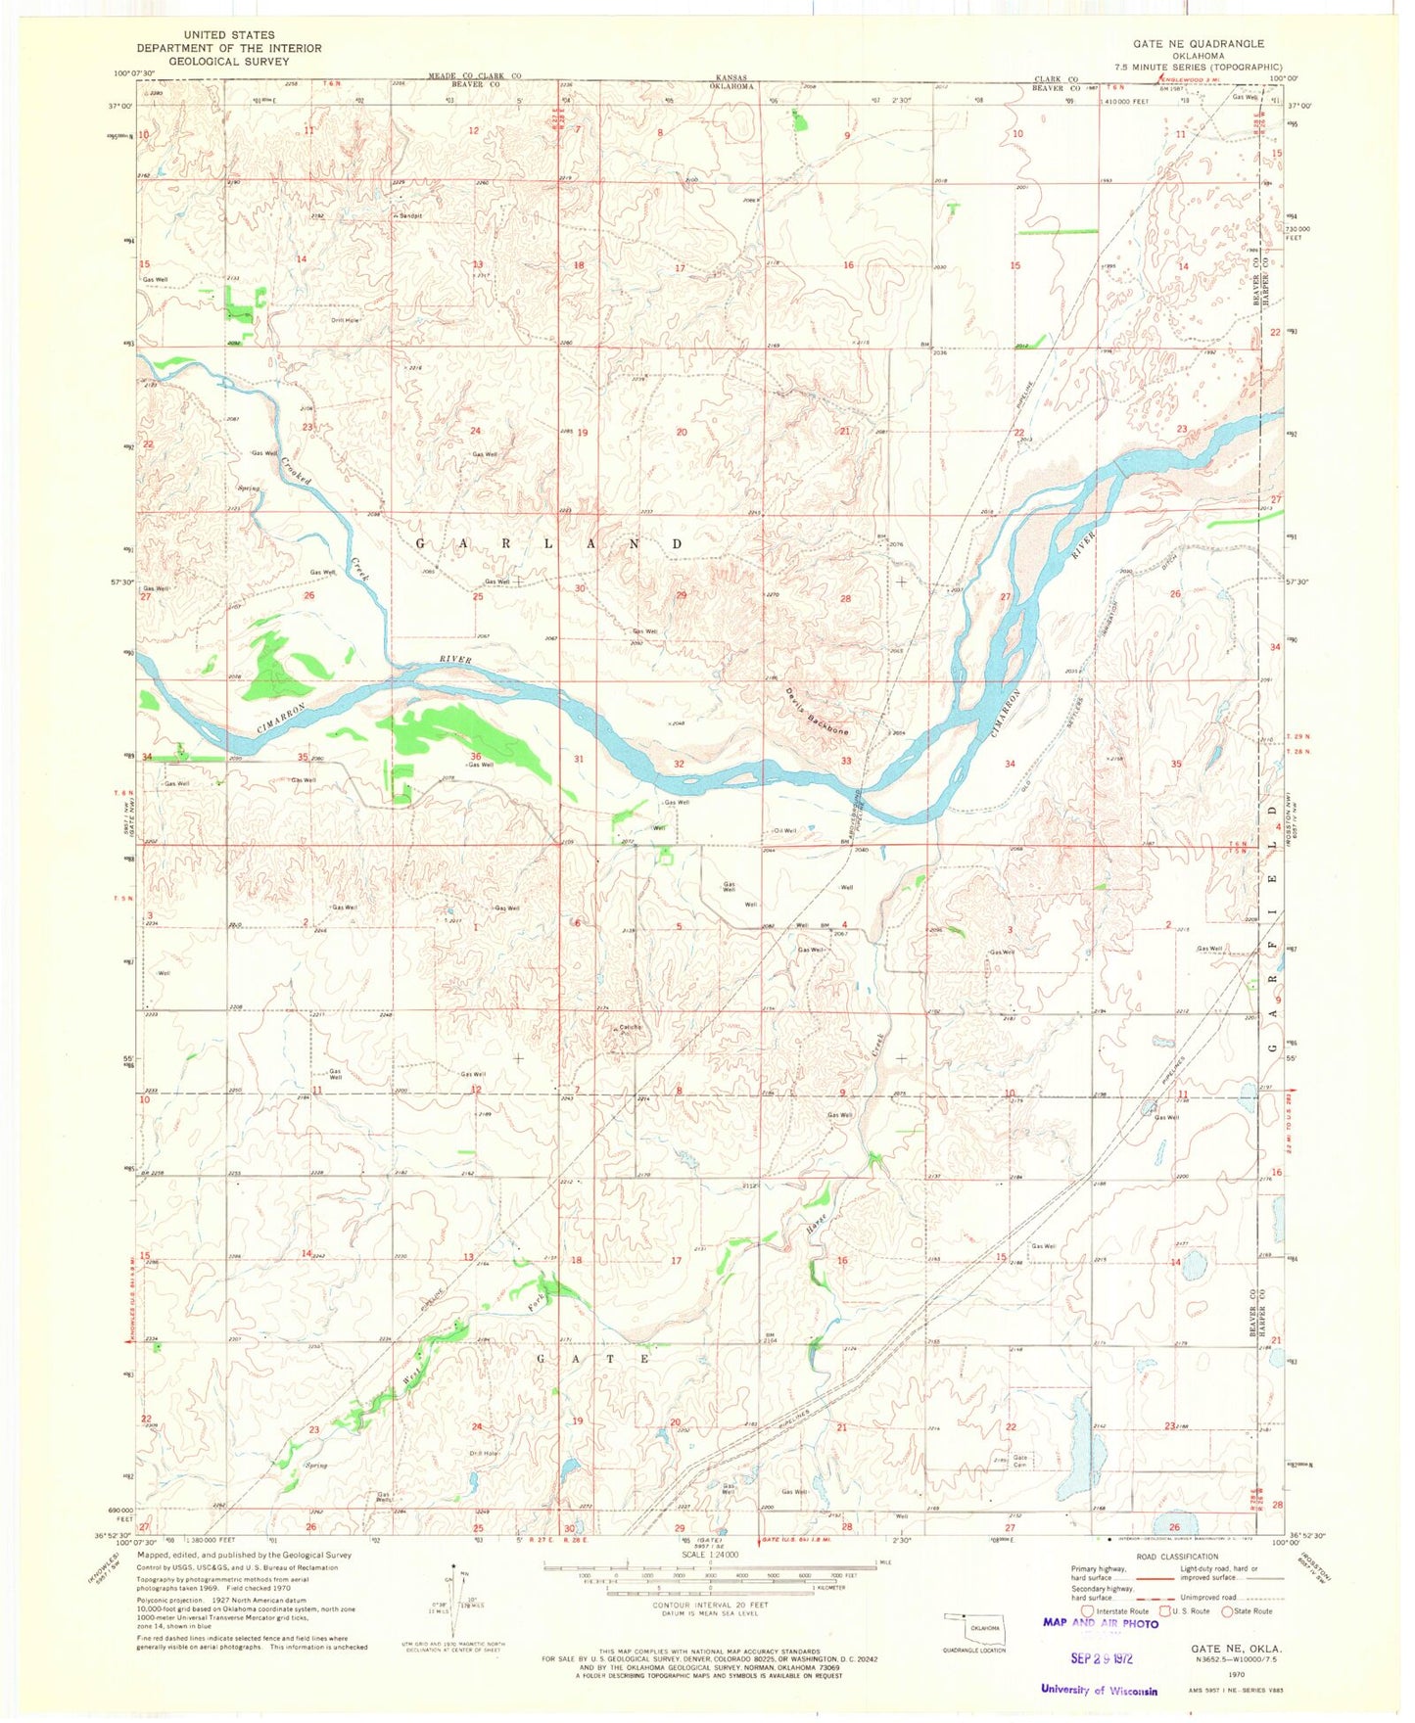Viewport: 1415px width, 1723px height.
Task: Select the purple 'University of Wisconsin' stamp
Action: pos(1098,1690)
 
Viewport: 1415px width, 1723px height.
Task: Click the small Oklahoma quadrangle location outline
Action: pos(973,1627)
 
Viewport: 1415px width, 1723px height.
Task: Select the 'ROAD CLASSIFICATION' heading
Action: pos(1177,1556)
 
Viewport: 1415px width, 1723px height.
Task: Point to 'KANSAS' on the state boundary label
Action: pos(731,76)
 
